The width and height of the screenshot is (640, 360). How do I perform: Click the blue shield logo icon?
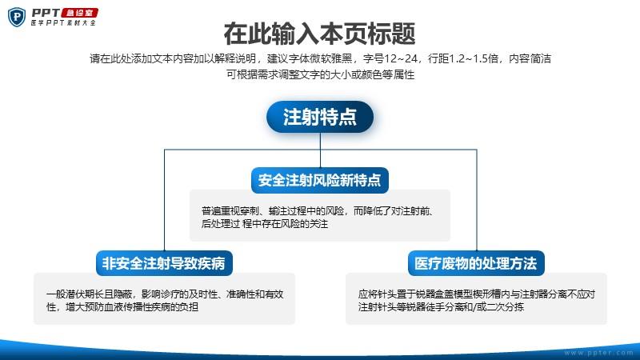(17, 17)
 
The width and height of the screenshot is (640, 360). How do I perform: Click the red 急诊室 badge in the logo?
(80, 13)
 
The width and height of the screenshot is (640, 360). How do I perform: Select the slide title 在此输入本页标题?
(319, 34)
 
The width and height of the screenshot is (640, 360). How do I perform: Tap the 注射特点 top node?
(320, 117)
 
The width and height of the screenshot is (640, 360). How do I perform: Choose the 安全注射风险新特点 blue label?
(319, 180)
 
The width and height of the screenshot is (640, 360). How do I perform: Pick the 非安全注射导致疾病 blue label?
(164, 263)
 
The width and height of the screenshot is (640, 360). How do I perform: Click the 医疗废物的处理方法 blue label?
(476, 263)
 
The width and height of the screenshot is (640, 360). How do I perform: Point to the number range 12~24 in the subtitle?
(401, 58)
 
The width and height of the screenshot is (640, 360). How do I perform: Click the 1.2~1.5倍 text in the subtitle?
(474, 58)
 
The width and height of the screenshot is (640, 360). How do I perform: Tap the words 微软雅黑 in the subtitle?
(331, 58)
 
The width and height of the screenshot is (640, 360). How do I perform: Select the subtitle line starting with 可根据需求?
(321, 74)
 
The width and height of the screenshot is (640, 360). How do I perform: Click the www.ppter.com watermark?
(598, 353)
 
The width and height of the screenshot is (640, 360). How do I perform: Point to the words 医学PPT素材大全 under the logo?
(63, 23)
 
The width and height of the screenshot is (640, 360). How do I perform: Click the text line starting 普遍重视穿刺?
(318, 211)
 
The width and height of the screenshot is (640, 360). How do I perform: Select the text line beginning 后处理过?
(265, 224)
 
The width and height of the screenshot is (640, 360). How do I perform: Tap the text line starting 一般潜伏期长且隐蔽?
(165, 294)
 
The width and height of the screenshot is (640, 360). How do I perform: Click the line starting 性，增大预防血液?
(122, 307)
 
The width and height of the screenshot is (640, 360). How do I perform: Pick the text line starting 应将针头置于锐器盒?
(477, 294)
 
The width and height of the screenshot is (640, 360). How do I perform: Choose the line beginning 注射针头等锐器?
(441, 307)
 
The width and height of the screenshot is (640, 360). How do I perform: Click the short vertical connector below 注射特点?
(320, 150)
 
